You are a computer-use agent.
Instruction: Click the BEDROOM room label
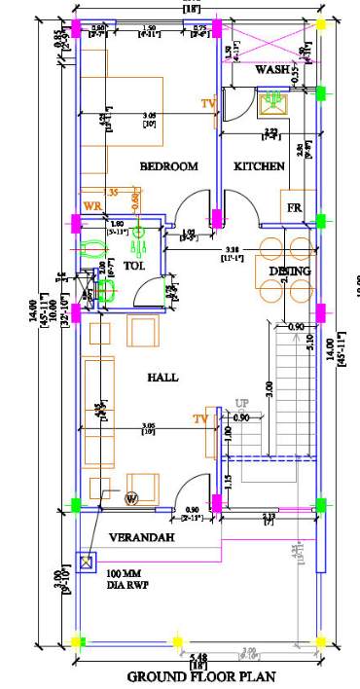[168, 166]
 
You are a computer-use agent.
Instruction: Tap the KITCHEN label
[259, 166]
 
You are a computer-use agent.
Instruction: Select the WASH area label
[273, 71]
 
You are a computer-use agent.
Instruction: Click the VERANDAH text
[141, 537]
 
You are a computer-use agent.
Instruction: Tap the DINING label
[290, 271]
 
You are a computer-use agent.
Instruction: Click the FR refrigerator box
[293, 208]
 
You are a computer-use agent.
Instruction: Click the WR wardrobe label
[92, 205]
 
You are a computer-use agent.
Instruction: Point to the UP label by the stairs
[241, 403]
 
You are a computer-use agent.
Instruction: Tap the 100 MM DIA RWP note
[126, 579]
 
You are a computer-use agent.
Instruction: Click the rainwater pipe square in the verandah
[90, 562]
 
